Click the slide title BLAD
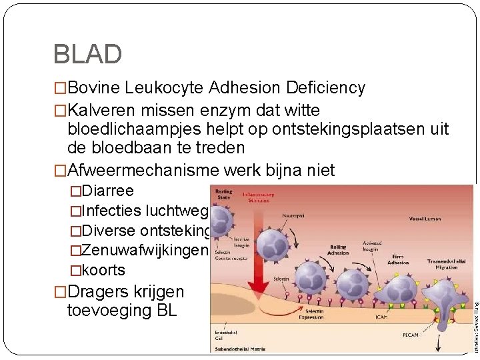(x=87, y=54)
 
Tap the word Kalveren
(x=104, y=111)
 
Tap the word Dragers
(x=100, y=292)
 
